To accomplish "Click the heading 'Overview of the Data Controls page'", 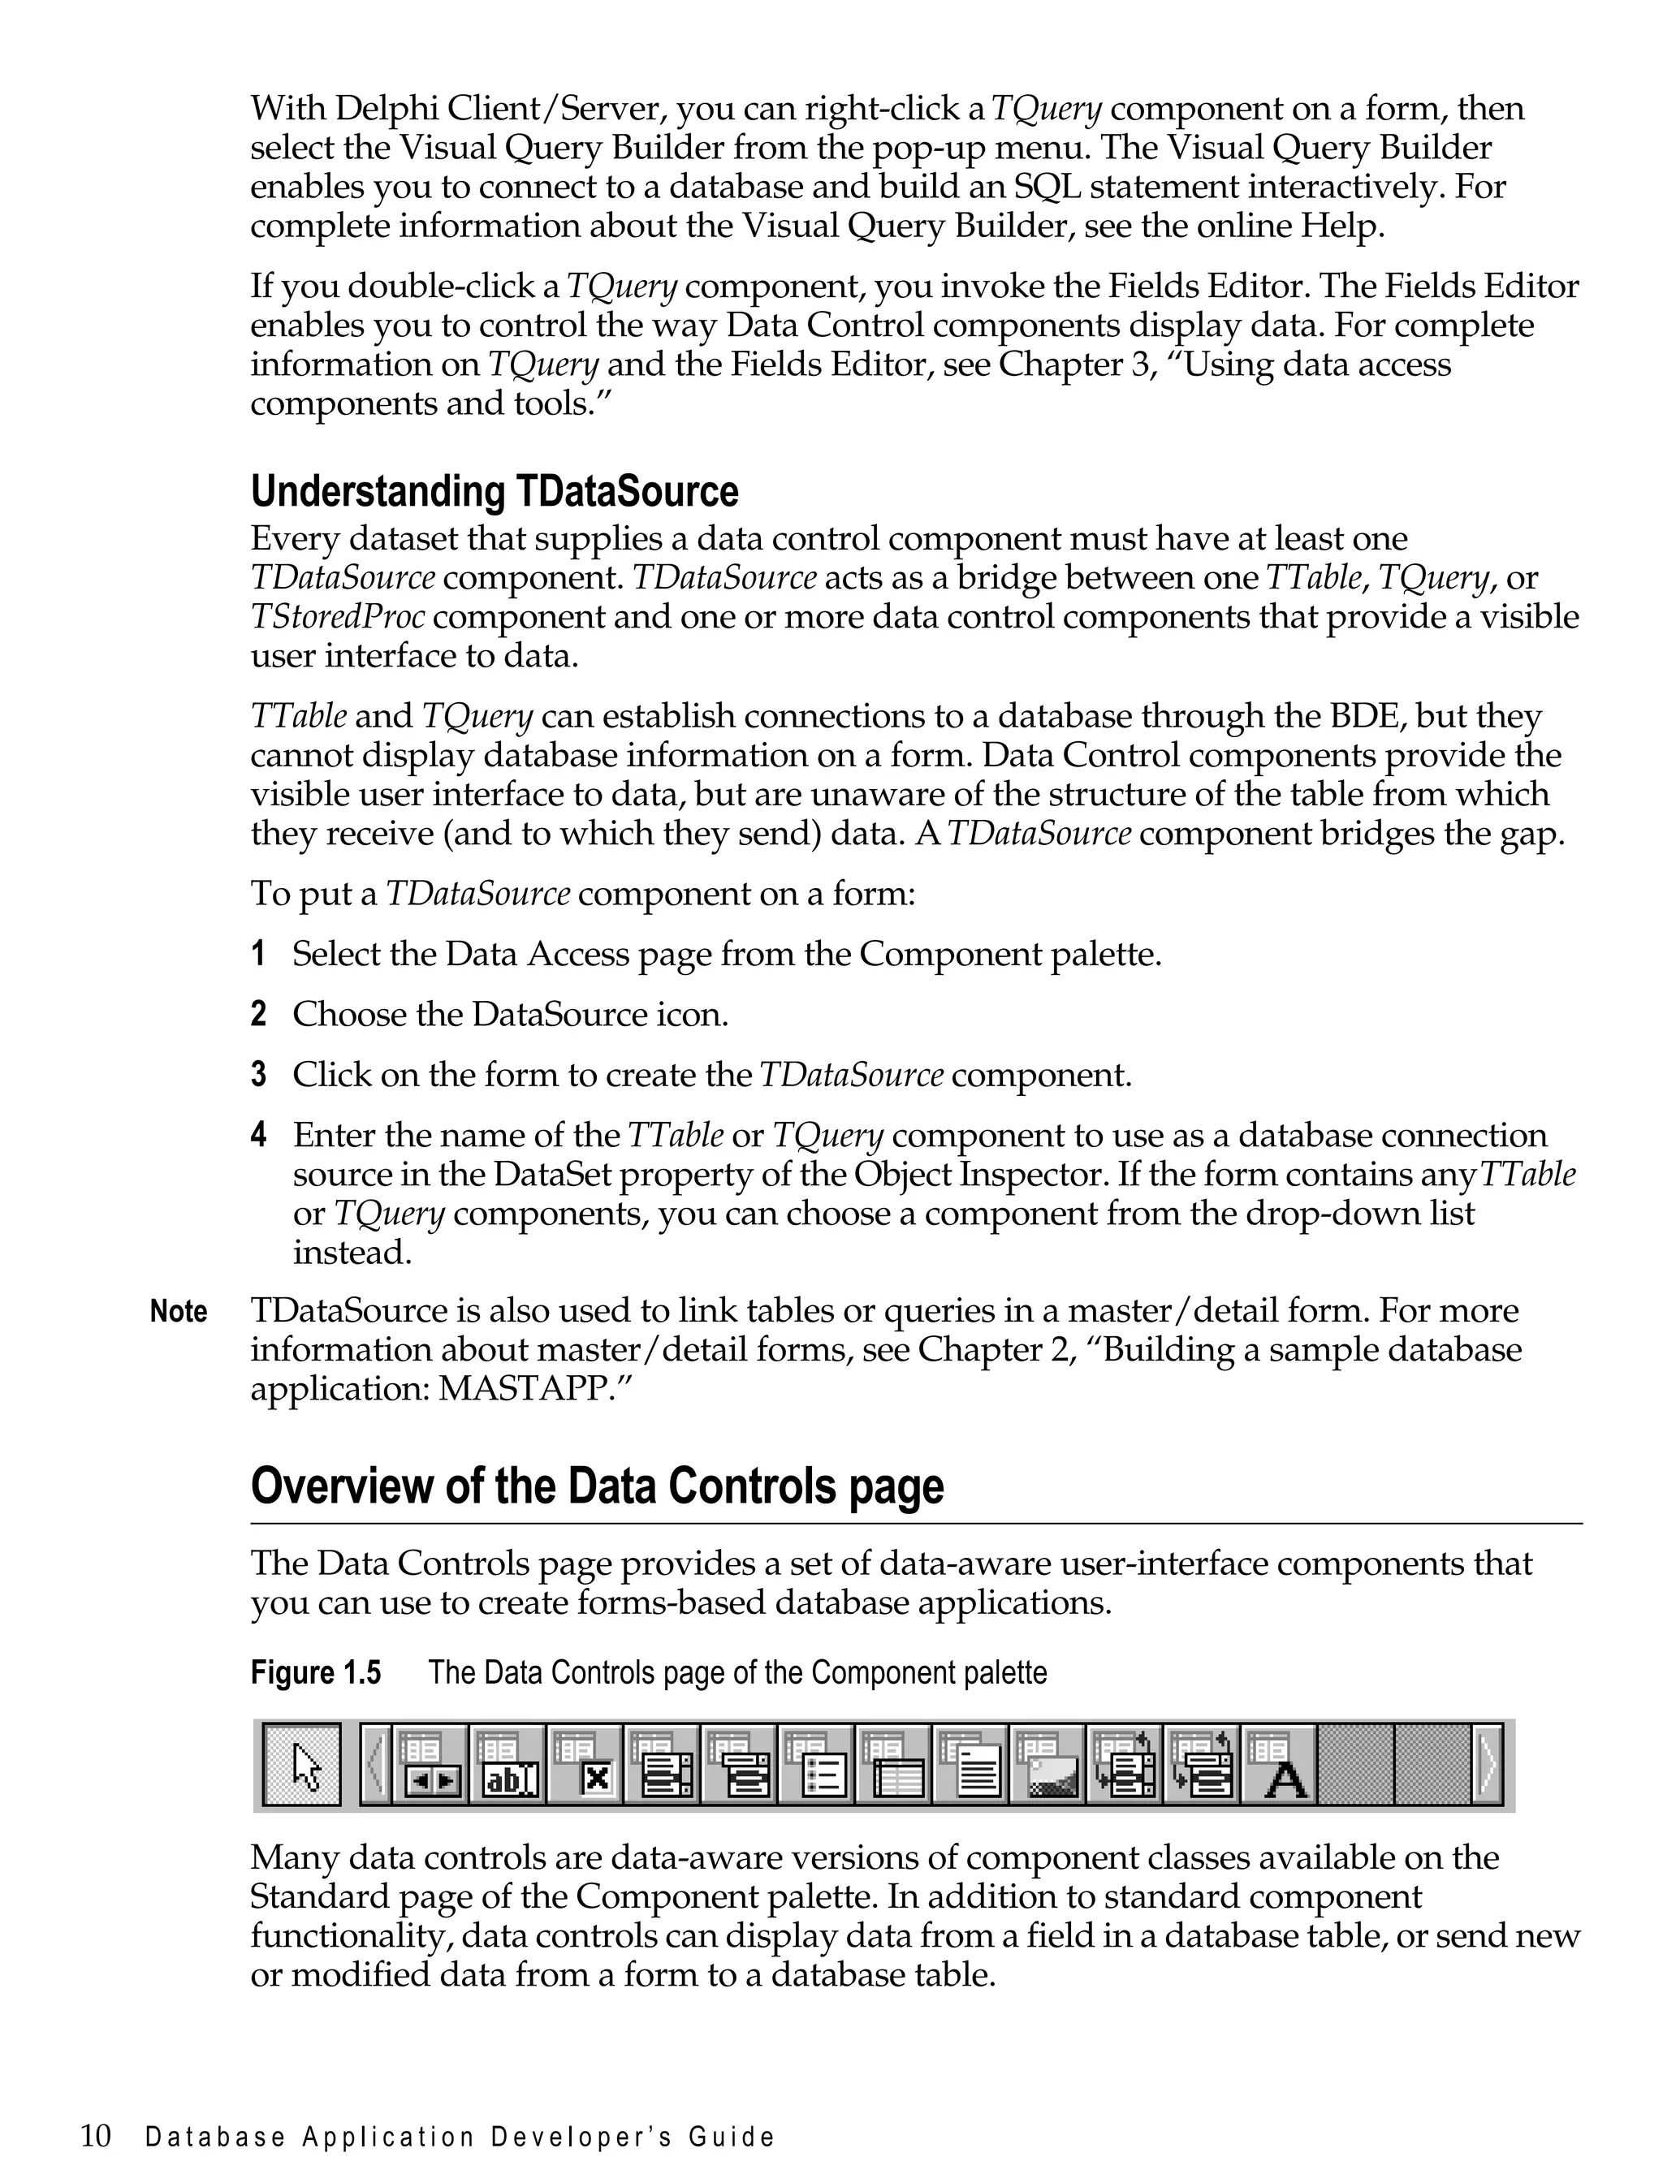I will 597,1486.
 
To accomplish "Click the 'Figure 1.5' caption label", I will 315,1672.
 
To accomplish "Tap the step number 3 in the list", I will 258,1076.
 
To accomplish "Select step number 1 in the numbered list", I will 258,955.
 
